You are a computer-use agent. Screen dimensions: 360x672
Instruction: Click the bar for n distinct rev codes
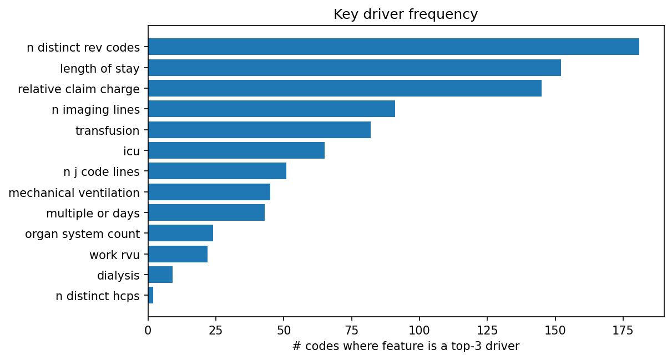(x=393, y=47)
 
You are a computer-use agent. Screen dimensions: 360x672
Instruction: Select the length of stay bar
(x=355, y=68)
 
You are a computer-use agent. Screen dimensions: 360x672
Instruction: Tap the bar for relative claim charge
(x=345, y=88)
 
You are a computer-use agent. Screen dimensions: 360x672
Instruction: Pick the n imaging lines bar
(x=271, y=109)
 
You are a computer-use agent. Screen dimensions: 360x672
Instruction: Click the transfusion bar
(x=259, y=130)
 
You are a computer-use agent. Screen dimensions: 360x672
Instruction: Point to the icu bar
(x=236, y=150)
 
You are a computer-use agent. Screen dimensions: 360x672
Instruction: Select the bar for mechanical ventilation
(x=209, y=192)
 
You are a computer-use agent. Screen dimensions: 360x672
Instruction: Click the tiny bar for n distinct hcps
(x=151, y=296)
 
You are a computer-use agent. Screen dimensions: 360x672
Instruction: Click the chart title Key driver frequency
(x=406, y=14)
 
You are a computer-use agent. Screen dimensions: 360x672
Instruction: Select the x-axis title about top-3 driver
(x=406, y=347)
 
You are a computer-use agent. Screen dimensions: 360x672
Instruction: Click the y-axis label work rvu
(x=114, y=255)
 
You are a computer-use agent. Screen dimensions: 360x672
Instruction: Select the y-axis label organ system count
(x=82, y=234)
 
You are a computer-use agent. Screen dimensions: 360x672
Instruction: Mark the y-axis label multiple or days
(x=93, y=214)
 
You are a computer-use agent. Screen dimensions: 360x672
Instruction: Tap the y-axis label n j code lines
(x=102, y=172)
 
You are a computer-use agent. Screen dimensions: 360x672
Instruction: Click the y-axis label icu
(x=132, y=151)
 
